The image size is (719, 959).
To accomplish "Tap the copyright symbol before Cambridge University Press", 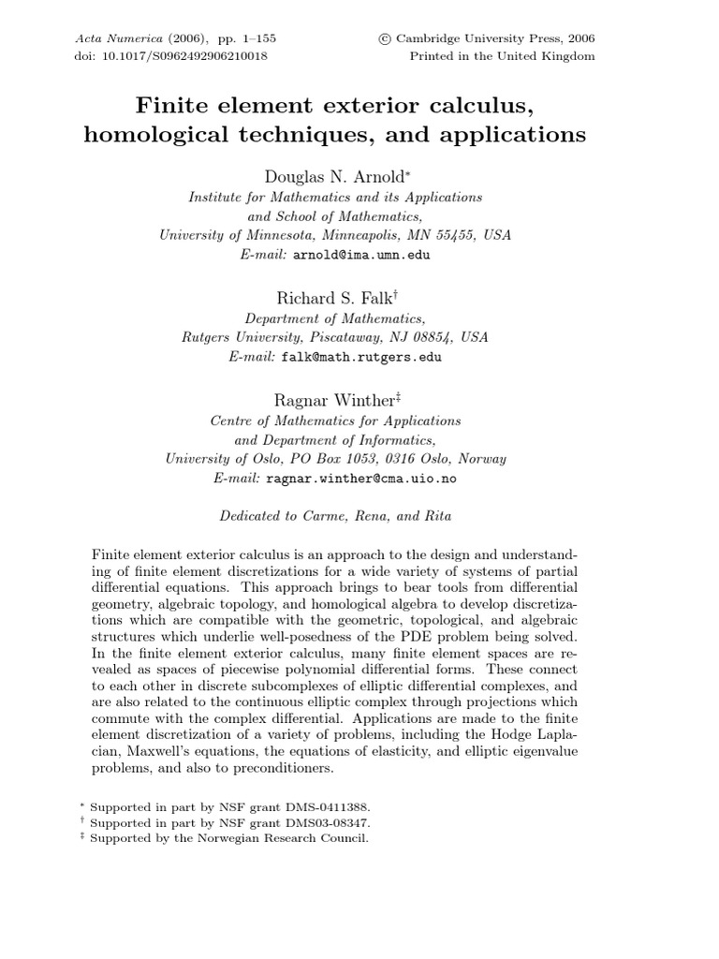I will [384, 38].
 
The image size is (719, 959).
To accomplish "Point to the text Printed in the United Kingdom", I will [503, 55].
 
